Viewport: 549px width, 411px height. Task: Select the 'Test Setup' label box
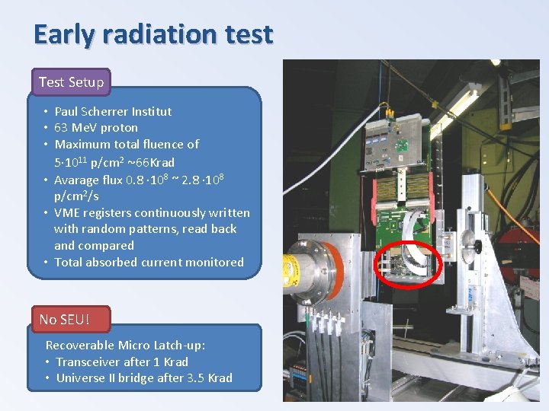[x=71, y=81]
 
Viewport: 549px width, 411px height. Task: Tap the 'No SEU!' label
[x=63, y=319]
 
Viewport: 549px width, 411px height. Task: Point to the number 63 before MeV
[x=62, y=128]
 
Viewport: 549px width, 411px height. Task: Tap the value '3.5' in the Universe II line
[x=196, y=378]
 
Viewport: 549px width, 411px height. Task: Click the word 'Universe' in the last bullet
[x=82, y=378]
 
